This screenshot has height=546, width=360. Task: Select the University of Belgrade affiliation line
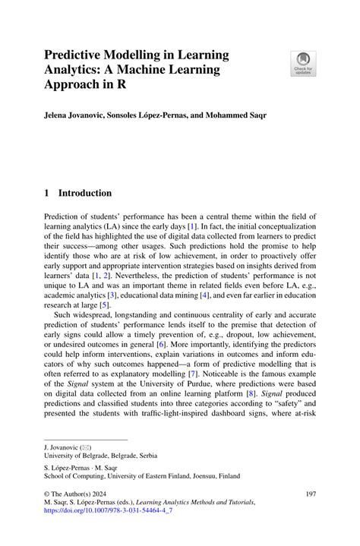(x=100, y=456)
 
